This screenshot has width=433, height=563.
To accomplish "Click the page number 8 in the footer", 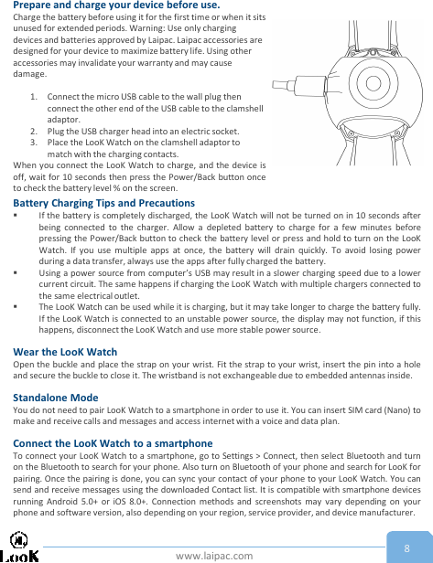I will [406, 547].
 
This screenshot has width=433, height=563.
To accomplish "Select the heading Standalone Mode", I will [56, 423].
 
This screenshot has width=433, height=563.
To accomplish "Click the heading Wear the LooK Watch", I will [65, 352].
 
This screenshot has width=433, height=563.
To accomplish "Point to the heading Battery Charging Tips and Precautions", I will [103, 203].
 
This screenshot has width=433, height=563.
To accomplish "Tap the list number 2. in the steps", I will [34, 132].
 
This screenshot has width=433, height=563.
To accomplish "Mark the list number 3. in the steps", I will [34, 143].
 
